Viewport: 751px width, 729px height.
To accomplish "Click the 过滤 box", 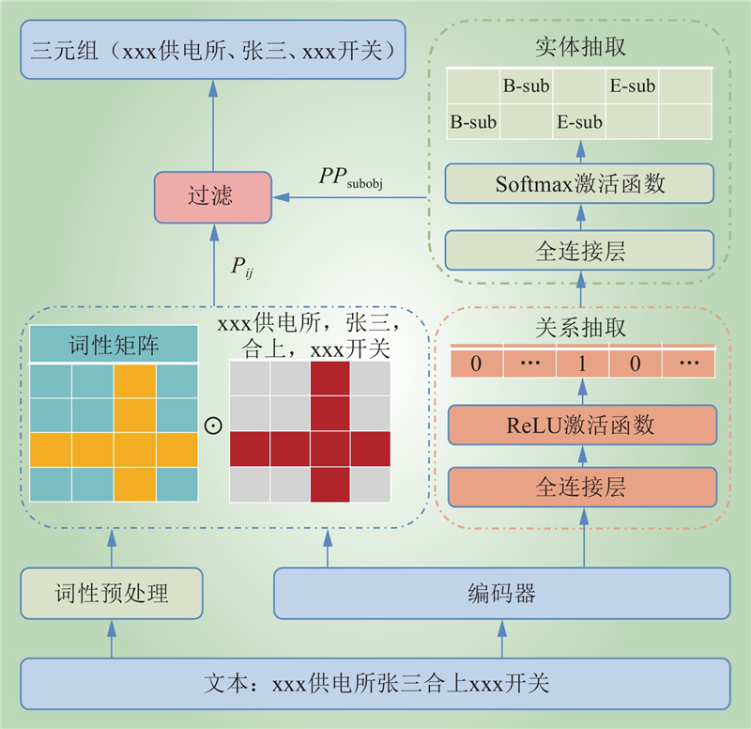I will click(211, 197).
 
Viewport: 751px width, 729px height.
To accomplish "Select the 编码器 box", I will click(501, 593).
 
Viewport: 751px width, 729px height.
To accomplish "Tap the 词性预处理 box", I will click(112, 593).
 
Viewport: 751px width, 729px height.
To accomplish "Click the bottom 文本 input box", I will click(375, 683).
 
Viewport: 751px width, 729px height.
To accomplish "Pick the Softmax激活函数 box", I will click(580, 184).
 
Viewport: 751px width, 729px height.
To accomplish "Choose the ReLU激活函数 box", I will click(582, 425).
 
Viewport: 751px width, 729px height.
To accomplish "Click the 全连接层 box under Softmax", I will click(580, 251).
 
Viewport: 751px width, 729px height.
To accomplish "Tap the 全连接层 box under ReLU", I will click(582, 487).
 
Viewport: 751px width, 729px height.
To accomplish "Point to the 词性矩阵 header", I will click(115, 346).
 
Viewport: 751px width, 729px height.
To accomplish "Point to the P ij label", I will click(242, 267).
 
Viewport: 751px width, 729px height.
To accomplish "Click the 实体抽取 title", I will click(580, 46).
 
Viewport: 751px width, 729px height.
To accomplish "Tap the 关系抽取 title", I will click(580, 329).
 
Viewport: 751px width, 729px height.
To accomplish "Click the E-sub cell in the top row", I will click(632, 87).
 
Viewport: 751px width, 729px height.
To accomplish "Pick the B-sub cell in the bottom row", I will click(473, 122).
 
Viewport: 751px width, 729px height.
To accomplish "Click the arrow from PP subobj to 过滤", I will click(357, 197).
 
